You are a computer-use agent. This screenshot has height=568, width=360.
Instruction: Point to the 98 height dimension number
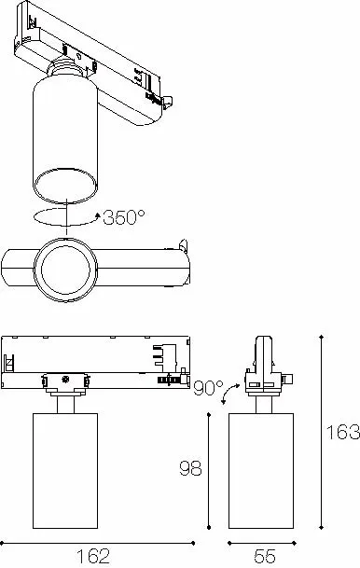191,468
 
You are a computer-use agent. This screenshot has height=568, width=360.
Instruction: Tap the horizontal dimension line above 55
264,542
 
